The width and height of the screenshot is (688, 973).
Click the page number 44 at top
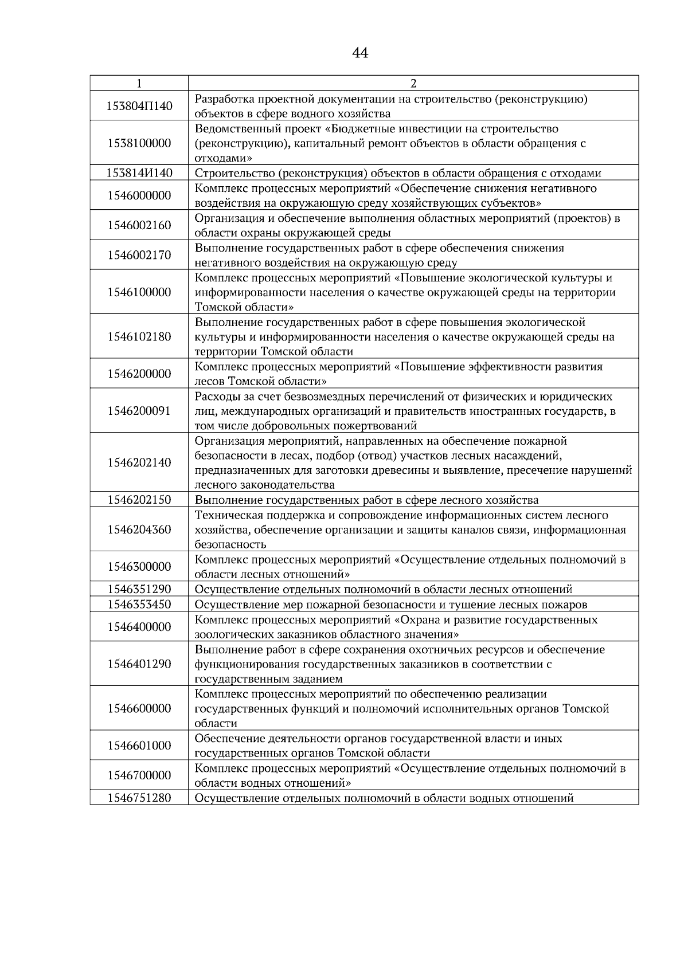coord(360,53)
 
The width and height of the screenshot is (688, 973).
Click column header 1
coord(139,83)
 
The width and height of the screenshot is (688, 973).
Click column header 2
coord(413,83)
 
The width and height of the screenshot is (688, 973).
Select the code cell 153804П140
coord(139,106)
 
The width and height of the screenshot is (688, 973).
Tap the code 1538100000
coord(139,143)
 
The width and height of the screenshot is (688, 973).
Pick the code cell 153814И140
coord(139,173)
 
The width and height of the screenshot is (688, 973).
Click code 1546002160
coord(139,225)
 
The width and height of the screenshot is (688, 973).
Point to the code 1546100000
coord(139,292)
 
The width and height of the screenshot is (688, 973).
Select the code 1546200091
coord(139,411)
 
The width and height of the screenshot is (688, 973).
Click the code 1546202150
coord(139,500)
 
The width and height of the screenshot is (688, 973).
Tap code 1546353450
coord(139,604)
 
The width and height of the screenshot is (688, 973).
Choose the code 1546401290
coord(139,664)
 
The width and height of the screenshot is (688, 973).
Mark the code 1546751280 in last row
coord(139,798)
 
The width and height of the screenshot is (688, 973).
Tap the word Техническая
coord(226,515)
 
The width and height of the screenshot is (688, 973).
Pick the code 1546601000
coord(139,746)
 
